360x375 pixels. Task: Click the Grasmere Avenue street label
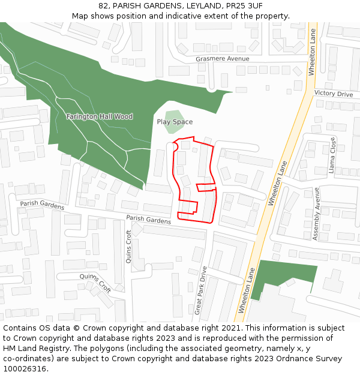pyautogui.click(x=222, y=59)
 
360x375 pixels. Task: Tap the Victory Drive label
pyautogui.click(x=334, y=94)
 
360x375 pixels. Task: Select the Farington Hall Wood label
pyautogui.click(x=100, y=116)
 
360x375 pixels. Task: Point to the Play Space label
pyautogui.click(x=175, y=122)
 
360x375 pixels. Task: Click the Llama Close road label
pyautogui.click(x=332, y=155)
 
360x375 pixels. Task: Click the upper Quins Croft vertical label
pyautogui.click(x=129, y=247)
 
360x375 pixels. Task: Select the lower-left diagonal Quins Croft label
pyautogui.click(x=95, y=281)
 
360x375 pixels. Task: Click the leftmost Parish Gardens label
pyautogui.click(x=42, y=205)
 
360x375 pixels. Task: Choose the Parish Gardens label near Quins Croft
pyautogui.click(x=148, y=220)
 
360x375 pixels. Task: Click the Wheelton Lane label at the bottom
pyautogui.click(x=247, y=291)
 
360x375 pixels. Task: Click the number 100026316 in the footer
pyautogui.click(x=25, y=368)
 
